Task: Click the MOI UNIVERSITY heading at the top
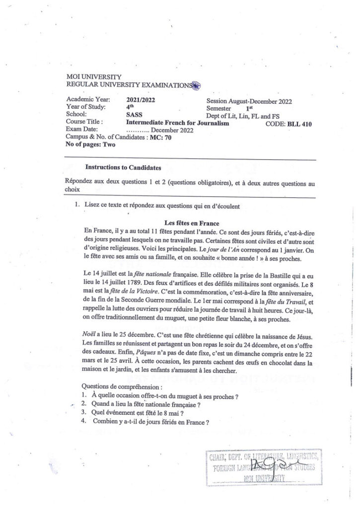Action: click(93, 77)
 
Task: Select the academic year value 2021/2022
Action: click(141, 100)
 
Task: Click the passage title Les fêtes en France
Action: click(192, 223)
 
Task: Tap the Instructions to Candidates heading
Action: click(116, 168)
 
